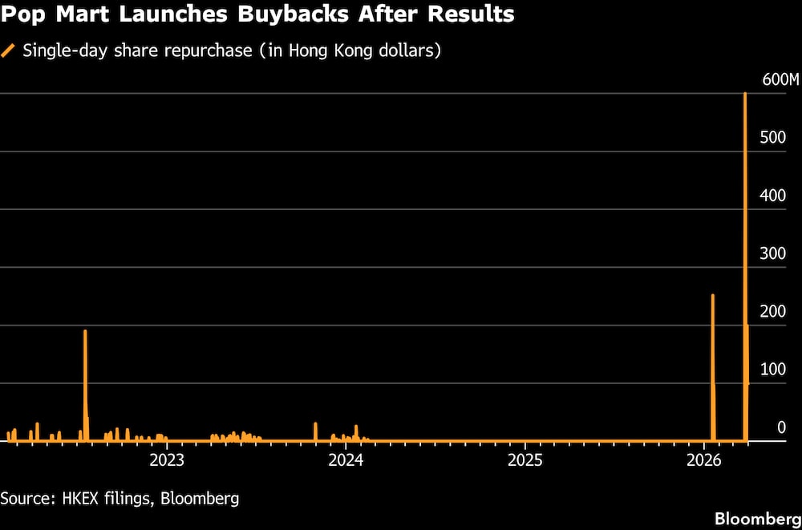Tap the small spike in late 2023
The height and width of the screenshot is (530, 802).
pyautogui.click(x=315, y=431)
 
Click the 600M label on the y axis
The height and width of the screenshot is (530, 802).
pyautogui.click(x=780, y=79)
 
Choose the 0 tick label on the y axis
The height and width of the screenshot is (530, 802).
pyautogui.click(x=781, y=427)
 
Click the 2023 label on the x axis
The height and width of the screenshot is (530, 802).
pyautogui.click(x=167, y=460)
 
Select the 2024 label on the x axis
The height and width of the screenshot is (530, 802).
pyautogui.click(x=346, y=460)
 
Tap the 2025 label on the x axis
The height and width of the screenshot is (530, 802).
pyautogui.click(x=525, y=460)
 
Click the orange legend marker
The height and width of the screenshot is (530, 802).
pyautogui.click(x=9, y=51)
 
